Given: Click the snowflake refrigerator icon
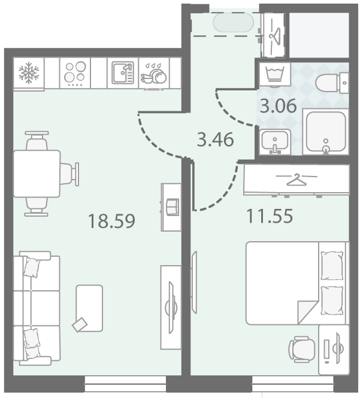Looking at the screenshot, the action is (x=29, y=73).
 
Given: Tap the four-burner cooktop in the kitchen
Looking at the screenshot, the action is (x=75, y=73).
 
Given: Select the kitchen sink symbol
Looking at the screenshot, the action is (x=123, y=73).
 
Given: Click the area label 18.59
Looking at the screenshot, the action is (x=111, y=221).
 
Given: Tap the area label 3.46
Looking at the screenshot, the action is (x=216, y=139).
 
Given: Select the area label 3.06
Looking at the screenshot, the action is (x=278, y=106).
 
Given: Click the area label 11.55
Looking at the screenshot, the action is (x=270, y=216).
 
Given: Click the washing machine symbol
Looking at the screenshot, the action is (x=274, y=74).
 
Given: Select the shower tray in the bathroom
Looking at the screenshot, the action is (x=326, y=132).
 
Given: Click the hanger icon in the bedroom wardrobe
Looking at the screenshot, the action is (x=297, y=179).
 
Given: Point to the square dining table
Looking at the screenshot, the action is (x=37, y=174).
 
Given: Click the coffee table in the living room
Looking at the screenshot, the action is (x=89, y=308).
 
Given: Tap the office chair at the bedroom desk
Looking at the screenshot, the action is (x=302, y=350).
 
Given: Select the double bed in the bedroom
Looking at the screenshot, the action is (x=297, y=283).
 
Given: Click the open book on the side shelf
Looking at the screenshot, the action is (x=173, y=207).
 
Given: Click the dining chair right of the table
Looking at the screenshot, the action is (x=69, y=174).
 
